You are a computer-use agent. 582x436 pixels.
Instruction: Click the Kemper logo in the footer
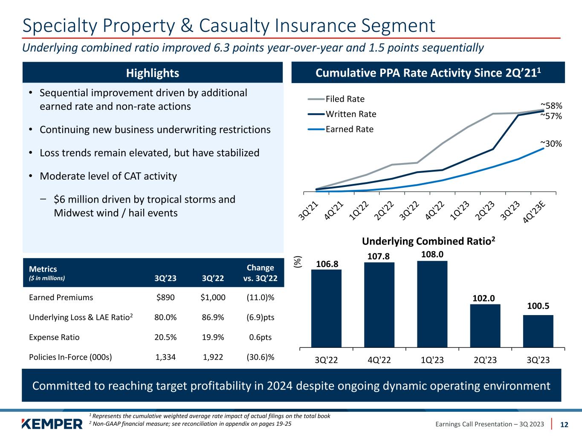[x=52, y=424]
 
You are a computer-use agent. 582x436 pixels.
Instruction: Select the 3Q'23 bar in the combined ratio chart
[x=538, y=331]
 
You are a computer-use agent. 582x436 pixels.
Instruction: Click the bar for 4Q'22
[x=379, y=304]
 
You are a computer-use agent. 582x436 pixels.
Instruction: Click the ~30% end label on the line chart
[x=551, y=144]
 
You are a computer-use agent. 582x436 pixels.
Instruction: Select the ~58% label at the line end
[x=551, y=105]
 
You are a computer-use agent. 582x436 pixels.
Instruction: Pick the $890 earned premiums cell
[x=166, y=298]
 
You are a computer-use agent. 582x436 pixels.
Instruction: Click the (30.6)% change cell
[x=260, y=357]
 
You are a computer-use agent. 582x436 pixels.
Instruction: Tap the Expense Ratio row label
[x=54, y=337]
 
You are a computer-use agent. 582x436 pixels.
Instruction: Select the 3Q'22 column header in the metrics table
[x=212, y=278]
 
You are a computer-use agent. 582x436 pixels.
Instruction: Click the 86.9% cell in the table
[x=212, y=318]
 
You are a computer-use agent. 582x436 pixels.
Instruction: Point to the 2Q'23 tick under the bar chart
[x=485, y=360]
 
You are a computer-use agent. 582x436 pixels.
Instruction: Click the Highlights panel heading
[x=153, y=73]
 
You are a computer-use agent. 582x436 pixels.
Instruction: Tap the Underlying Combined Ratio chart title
[x=429, y=241]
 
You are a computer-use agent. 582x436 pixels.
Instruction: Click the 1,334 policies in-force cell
[x=166, y=357]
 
